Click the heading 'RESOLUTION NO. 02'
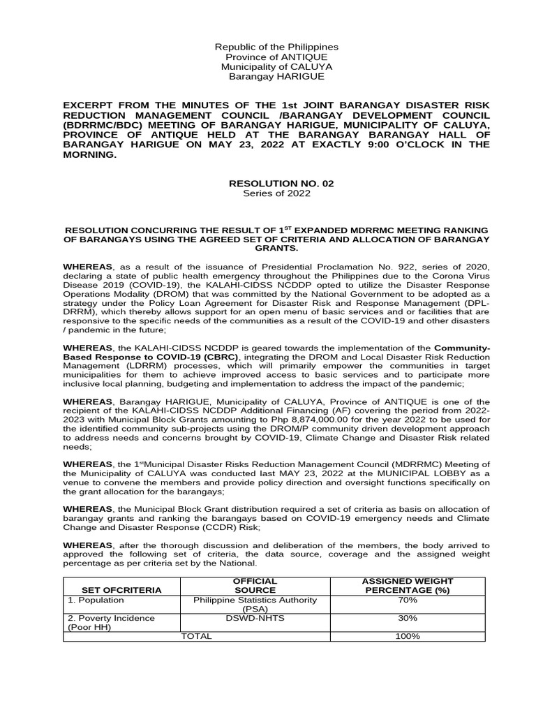(281, 183)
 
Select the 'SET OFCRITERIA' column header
(121, 590)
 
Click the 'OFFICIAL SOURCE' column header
(255, 585)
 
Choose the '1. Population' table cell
(96, 600)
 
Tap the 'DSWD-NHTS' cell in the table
(255, 618)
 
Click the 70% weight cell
(408, 600)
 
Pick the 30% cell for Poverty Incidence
(408, 618)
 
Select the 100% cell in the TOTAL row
(408, 636)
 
